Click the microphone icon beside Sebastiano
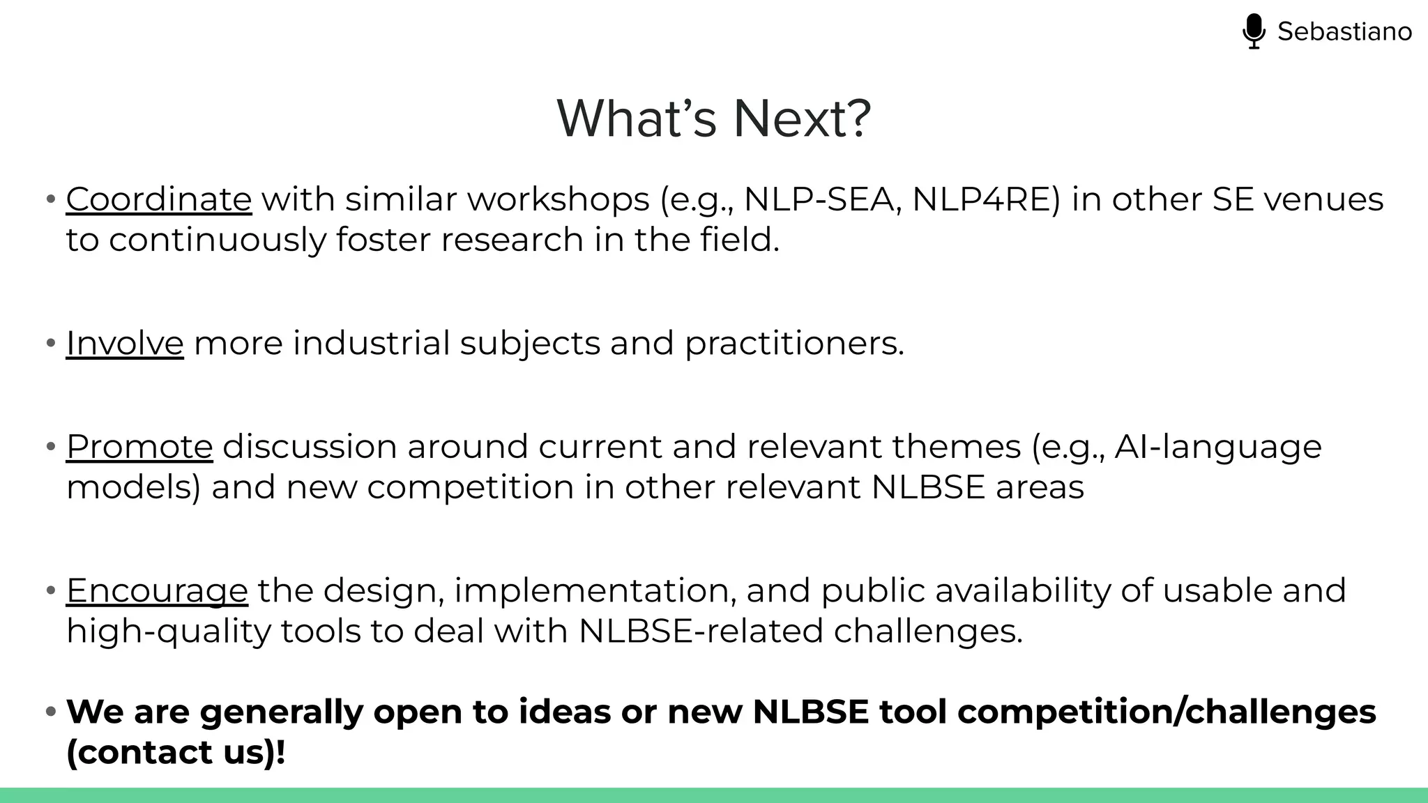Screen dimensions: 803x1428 point(1253,31)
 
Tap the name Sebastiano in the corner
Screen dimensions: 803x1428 point(1344,31)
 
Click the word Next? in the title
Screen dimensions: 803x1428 point(802,118)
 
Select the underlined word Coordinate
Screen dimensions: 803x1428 point(159,199)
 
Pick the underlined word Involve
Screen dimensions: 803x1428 point(125,343)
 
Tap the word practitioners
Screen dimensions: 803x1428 point(794,343)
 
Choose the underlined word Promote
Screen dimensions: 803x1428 point(139,446)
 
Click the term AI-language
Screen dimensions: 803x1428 point(1217,446)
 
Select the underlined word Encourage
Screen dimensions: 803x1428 point(157,590)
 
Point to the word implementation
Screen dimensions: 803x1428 point(595,590)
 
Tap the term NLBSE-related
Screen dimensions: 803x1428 point(701,631)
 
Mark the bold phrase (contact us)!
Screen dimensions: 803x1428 point(176,752)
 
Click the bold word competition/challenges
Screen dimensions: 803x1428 point(1167,712)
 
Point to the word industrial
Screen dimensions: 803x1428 point(371,343)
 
